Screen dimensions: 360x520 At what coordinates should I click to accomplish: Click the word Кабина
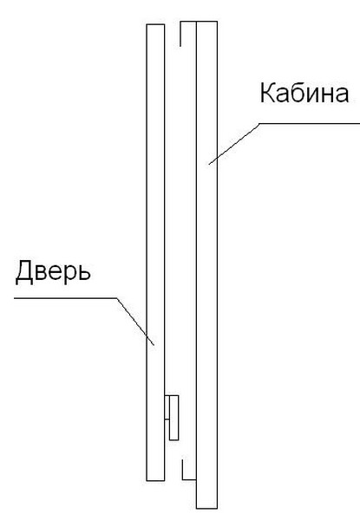tap(304, 93)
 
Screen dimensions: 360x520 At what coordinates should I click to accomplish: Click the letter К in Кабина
tap(267, 93)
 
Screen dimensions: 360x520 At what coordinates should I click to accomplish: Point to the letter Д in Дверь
tap(24, 272)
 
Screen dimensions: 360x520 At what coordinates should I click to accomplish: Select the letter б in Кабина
tap(297, 93)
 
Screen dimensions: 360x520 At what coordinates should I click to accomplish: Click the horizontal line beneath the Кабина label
tap(309, 123)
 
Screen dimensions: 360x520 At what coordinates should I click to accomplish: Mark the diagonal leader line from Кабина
tap(233, 144)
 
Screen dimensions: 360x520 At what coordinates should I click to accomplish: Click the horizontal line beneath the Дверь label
tap(66, 298)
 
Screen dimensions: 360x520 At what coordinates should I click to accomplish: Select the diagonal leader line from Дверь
tap(135, 322)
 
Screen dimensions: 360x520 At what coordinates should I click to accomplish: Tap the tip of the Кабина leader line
tap(209, 164)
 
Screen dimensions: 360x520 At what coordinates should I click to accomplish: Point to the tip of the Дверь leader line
tap(154, 345)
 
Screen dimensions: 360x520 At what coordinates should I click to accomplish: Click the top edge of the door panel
tap(155, 24)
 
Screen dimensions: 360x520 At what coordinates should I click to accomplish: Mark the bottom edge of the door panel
tap(155, 480)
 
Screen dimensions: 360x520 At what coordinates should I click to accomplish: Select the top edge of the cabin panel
tap(206, 22)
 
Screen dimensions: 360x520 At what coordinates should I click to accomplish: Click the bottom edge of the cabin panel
tap(206, 508)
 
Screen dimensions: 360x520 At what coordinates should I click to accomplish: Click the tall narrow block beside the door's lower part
tap(174, 418)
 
